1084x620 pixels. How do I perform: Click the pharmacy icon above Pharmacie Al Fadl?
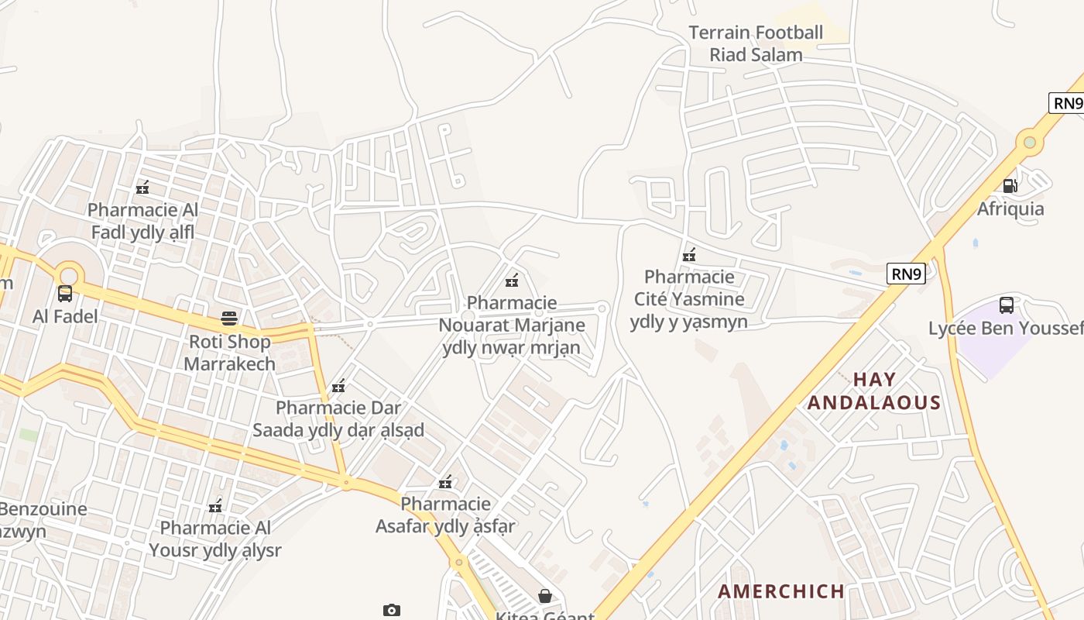142,187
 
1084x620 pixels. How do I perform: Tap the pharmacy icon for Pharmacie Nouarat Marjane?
512,280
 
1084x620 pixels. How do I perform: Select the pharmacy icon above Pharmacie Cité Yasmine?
689,254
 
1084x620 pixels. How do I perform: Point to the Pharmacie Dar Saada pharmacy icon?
338,385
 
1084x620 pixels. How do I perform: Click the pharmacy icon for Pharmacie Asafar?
445,482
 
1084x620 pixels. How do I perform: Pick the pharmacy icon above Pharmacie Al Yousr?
215,506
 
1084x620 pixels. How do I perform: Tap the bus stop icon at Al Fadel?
65,294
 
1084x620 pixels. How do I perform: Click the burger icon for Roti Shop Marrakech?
229,318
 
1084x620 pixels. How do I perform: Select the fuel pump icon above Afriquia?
1010,185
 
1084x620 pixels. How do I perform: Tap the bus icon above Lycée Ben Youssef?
1007,305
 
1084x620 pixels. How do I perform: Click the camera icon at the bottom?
392,610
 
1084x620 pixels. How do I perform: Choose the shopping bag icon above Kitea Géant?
545,595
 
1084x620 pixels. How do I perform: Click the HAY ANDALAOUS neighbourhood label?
874,391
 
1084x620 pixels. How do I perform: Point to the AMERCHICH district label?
780,591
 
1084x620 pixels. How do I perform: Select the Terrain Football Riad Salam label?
756,43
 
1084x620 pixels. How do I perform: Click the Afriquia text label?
1010,208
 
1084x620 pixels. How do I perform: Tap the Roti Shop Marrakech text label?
230,353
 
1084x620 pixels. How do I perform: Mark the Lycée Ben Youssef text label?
1006,329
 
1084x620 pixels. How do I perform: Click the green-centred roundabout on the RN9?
1029,142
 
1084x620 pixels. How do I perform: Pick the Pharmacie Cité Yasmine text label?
689,299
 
